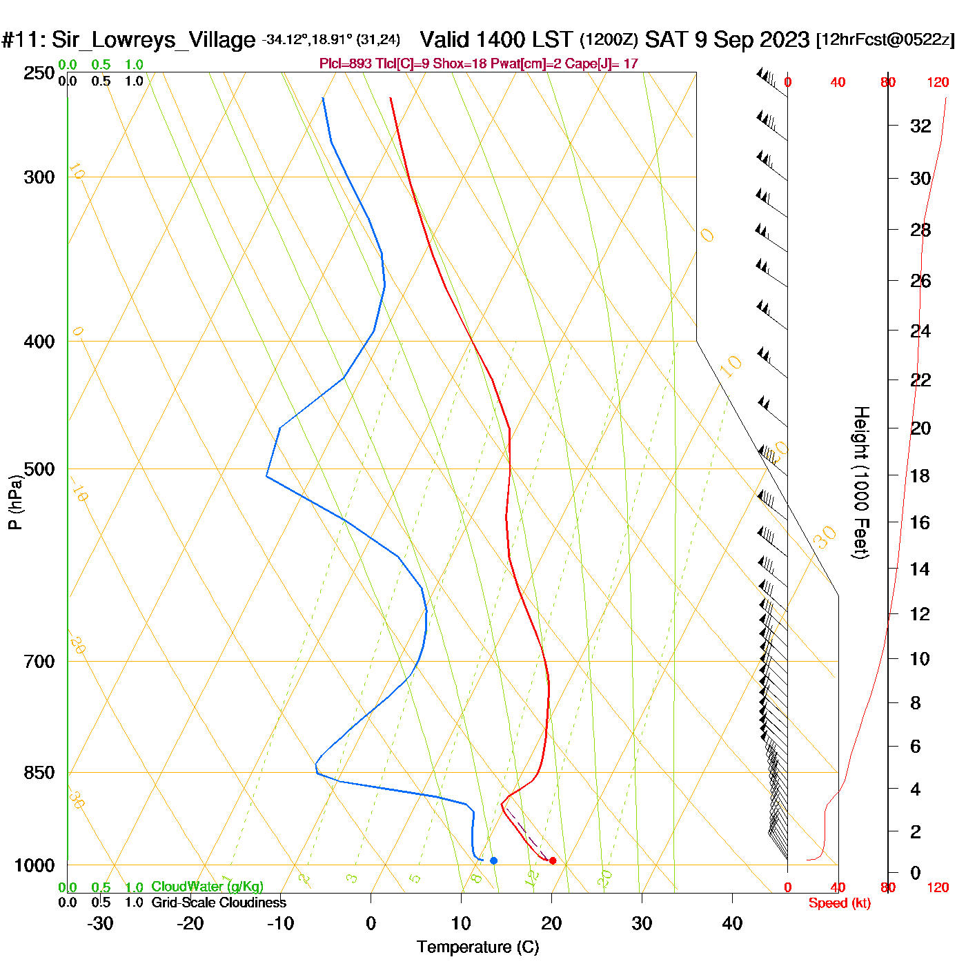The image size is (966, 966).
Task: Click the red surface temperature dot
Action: coord(552,860)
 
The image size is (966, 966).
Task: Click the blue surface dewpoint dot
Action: coord(493,860)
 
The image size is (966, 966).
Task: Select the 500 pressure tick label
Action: coord(39,469)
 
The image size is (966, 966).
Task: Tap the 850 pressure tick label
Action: coord(39,773)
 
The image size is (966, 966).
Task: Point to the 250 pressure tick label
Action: coord(39,73)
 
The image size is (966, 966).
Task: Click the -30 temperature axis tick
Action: coord(100,923)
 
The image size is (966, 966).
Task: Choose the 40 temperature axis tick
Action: coord(732,923)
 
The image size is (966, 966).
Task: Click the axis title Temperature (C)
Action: coord(477,947)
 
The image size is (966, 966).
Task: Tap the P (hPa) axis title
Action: coord(15,502)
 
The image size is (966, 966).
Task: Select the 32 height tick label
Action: coord(920,126)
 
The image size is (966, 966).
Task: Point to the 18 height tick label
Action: coord(920,475)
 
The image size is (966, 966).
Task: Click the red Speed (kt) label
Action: coord(839,903)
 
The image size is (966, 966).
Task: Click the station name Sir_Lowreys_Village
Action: coord(153,40)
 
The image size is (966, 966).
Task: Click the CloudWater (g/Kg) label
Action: coord(207,887)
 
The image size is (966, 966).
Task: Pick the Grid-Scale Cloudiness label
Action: coord(219,903)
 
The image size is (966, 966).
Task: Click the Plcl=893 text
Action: coord(346,64)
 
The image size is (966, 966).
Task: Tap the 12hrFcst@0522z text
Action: coord(885,40)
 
